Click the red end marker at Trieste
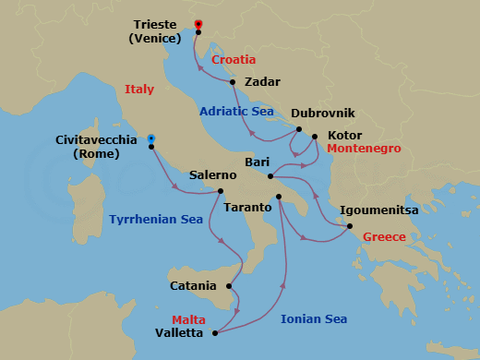click(x=198, y=23)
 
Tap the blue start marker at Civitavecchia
click(x=151, y=139)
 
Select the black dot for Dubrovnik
click(x=298, y=131)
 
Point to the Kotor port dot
click(x=315, y=138)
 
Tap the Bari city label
click(x=257, y=162)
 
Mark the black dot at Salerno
click(x=221, y=191)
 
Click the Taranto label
click(x=247, y=208)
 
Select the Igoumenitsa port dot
click(x=349, y=225)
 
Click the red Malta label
click(x=188, y=319)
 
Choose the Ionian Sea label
click(x=314, y=319)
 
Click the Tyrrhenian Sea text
click(x=155, y=220)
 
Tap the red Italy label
click(x=139, y=90)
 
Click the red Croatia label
click(x=234, y=60)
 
